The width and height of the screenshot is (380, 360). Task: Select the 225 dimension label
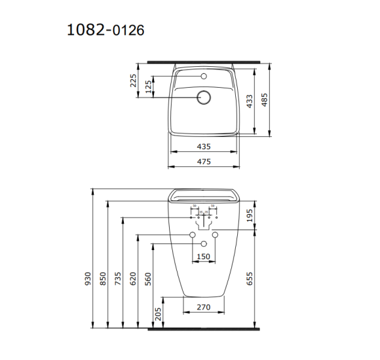click(x=134, y=81)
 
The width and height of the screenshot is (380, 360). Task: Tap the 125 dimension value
click(x=149, y=86)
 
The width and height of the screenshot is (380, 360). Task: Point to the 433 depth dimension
click(x=250, y=101)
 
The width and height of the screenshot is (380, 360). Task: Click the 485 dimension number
click(x=265, y=100)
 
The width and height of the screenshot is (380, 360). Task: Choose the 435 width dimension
click(x=203, y=146)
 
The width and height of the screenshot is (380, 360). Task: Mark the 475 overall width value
click(x=203, y=160)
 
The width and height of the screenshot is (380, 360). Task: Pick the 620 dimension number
click(x=134, y=279)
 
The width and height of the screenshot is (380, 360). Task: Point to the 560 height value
click(x=149, y=279)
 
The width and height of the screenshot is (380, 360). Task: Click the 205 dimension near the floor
click(x=157, y=315)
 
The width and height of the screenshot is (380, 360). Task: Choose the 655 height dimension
click(x=250, y=279)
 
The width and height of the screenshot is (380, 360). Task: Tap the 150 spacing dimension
click(x=203, y=257)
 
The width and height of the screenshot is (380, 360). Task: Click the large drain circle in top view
click(x=204, y=98)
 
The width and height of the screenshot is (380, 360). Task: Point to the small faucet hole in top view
click(x=204, y=77)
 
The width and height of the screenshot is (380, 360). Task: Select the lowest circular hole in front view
click(x=203, y=243)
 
